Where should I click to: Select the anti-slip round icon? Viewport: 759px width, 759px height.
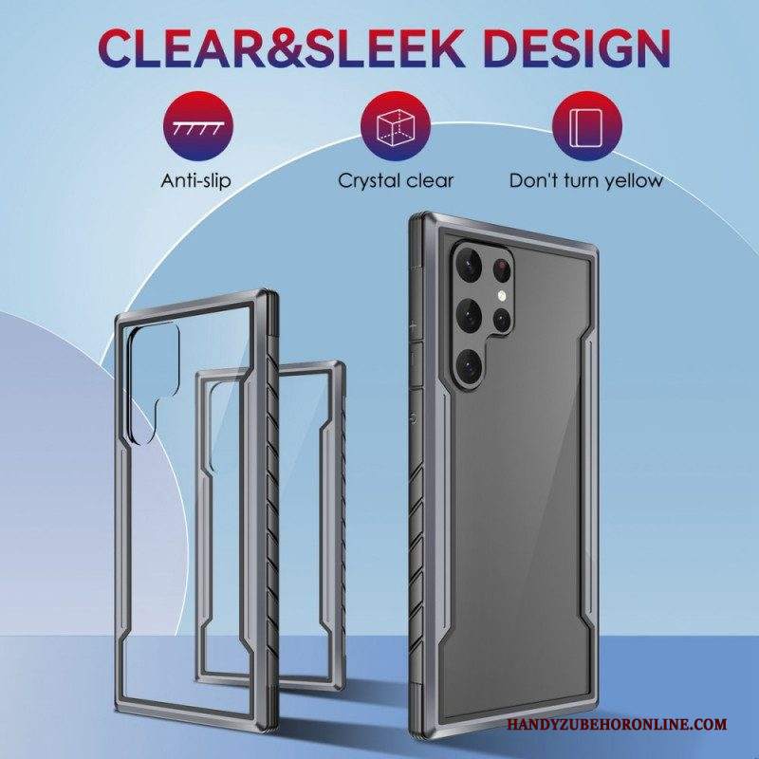198,126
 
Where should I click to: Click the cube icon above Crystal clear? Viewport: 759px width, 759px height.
396,126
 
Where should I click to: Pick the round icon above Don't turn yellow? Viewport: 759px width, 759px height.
586,126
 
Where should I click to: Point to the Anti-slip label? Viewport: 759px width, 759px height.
196,181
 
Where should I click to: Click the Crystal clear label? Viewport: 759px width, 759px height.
396,181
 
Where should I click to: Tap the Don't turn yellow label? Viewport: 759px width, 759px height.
585,181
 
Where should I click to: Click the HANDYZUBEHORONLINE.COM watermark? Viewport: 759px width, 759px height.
618,725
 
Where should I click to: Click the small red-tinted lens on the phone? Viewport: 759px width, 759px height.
502,268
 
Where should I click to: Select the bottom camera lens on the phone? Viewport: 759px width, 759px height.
469,364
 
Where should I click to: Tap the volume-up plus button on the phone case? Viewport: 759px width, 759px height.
415,326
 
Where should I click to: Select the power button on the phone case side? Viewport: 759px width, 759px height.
415,417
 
